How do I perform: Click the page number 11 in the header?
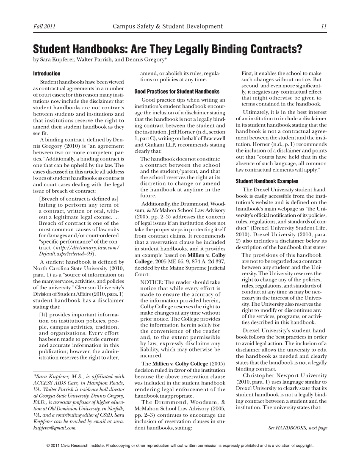(324, 28)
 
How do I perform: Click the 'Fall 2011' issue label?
(42, 28)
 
